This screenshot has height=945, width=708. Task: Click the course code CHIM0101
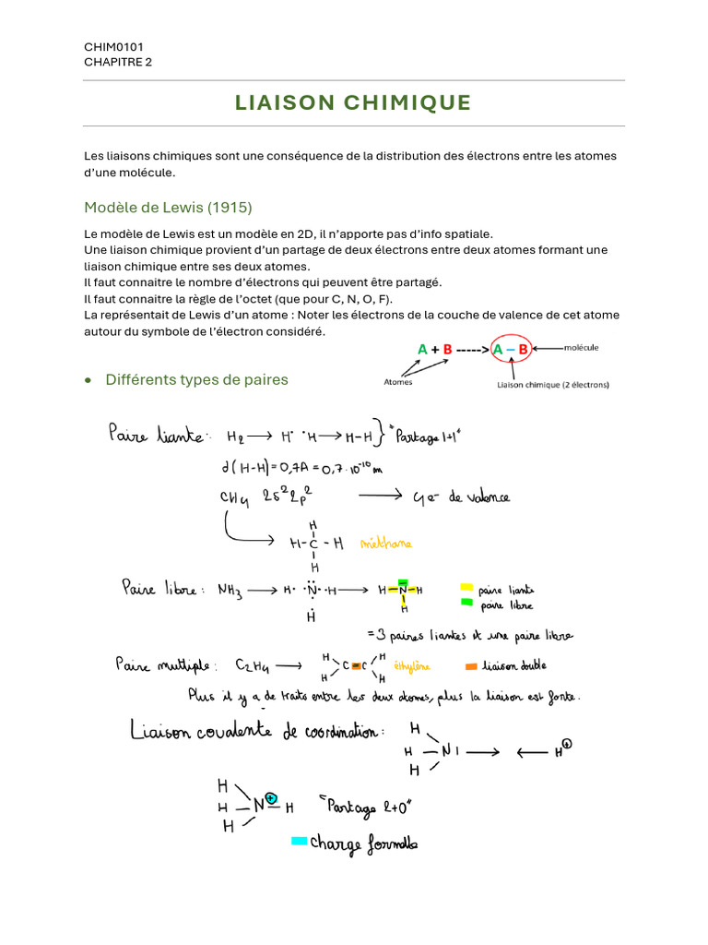(113, 46)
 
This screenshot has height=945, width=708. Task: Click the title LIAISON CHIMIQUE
(354, 102)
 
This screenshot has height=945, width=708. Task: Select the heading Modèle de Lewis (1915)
(168, 207)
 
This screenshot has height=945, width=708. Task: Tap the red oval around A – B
(510, 349)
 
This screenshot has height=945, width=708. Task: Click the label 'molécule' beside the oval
(581, 348)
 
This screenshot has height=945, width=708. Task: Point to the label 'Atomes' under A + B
(398, 381)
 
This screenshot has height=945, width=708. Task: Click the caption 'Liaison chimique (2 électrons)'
(552, 384)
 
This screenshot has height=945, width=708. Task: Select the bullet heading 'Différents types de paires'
(196, 379)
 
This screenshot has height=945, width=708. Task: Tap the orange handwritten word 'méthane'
(386, 544)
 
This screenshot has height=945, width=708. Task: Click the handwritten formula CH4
(236, 498)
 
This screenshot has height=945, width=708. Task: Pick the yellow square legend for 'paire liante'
(466, 587)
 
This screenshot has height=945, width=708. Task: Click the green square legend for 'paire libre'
(466, 603)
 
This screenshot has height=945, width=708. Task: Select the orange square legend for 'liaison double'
(471, 665)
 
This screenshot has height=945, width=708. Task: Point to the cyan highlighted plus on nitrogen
(271, 797)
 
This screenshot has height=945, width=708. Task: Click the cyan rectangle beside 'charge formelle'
(299, 841)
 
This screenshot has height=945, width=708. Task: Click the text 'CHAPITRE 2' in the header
(118, 62)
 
